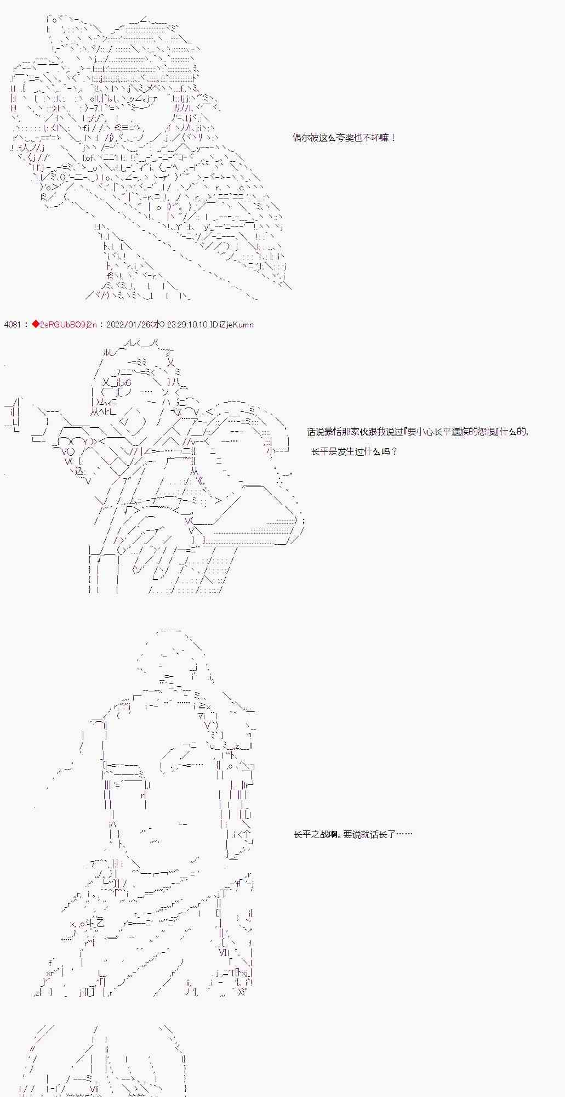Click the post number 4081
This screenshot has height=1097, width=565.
tap(12, 325)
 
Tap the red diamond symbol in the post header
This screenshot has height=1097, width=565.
tap(36, 325)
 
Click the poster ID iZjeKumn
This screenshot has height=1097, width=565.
tap(237, 325)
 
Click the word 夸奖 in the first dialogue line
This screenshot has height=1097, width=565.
tap(348, 138)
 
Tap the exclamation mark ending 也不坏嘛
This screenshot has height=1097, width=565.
tap(393, 138)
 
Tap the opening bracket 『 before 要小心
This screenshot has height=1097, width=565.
tap(406, 432)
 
